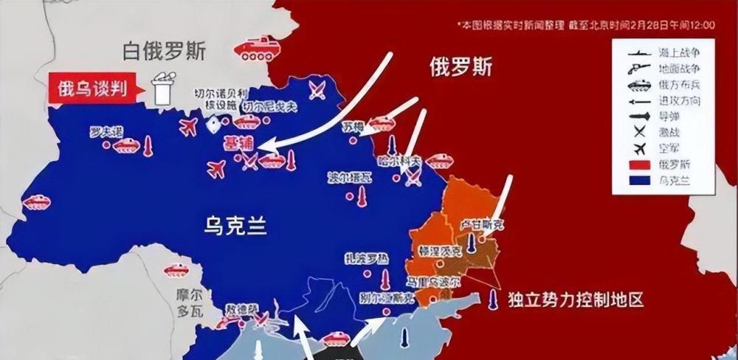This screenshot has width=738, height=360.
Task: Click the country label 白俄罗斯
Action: click(x=165, y=52)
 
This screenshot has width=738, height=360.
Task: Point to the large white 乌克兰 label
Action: click(x=235, y=224)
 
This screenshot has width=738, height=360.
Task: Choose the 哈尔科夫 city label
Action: click(x=405, y=160)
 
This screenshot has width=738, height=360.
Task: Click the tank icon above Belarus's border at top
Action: click(x=256, y=48)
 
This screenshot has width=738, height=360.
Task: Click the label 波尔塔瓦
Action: click(x=351, y=178)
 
